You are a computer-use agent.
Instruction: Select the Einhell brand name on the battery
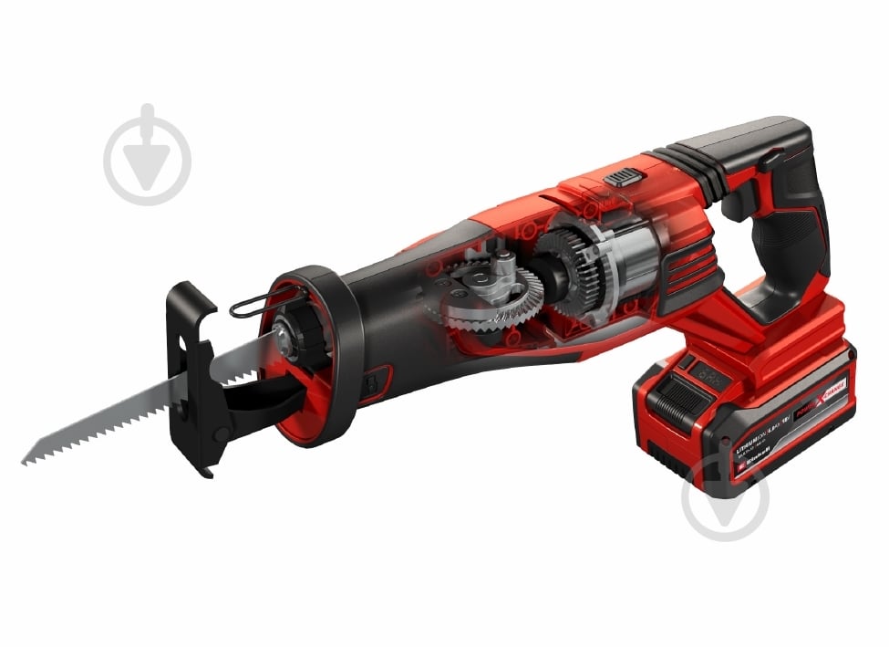(761, 464)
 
